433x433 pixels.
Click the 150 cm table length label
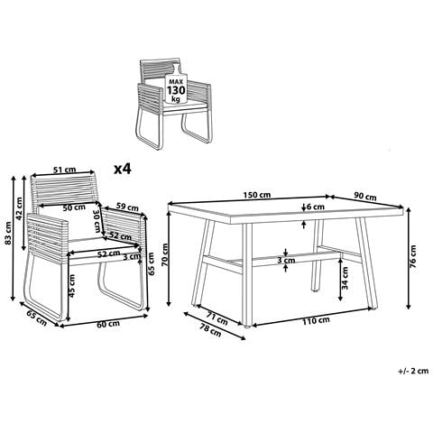pos(257,195)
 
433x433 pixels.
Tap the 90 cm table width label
pos(365,197)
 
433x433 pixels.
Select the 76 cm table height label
pos(413,256)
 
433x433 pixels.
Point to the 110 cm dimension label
pos(316,321)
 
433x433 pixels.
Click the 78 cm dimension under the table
pos(210,331)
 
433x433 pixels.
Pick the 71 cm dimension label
pos(217,318)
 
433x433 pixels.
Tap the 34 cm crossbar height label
pos(345,278)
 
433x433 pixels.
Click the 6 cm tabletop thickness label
pos(316,207)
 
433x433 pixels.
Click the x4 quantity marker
pos(123,170)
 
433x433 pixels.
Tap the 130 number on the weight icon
pos(177,90)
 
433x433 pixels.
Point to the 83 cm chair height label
pos(8,233)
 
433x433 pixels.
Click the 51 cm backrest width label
pos(65,170)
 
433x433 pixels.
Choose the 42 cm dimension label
pos(19,208)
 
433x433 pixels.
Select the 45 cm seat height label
pos(71,286)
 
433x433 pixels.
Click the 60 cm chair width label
pos(108,324)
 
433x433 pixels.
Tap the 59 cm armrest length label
pos(127,207)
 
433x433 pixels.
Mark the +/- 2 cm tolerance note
pos(413,371)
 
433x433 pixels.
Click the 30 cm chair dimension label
pos(97,221)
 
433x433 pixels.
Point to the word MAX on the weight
pos(176,81)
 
